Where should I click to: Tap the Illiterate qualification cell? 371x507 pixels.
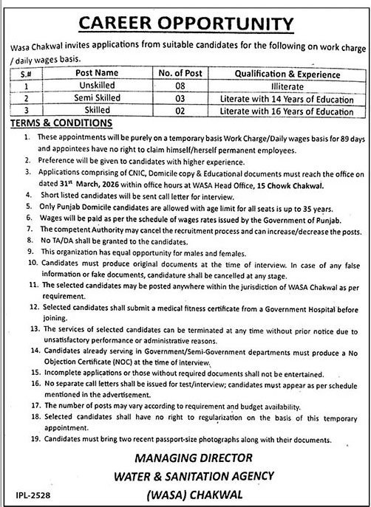pos(292,85)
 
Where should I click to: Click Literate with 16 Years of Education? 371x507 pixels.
pos(292,110)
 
